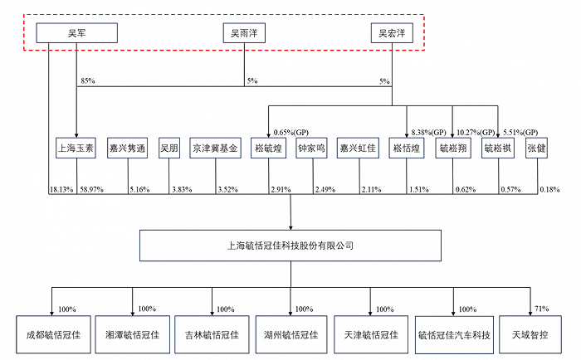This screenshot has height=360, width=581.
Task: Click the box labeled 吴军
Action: (76, 33)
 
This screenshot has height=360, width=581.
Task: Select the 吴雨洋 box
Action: (244, 33)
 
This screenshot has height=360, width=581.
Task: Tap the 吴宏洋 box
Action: (392, 33)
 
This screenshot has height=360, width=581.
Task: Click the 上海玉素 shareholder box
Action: (76, 148)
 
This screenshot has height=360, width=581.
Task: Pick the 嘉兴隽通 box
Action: (128, 148)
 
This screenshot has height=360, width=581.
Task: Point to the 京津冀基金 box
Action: (215, 148)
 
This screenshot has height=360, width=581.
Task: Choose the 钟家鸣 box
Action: (311, 148)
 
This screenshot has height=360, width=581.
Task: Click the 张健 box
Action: (536, 148)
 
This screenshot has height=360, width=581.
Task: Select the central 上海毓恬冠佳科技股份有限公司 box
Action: (290, 246)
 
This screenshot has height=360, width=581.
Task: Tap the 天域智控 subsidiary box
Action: (530, 335)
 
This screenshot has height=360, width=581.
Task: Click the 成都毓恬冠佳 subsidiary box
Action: (53, 335)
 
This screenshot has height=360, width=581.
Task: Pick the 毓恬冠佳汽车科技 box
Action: (454, 335)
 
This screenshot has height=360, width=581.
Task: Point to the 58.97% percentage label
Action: (92, 190)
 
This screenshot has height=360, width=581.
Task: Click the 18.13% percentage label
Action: (61, 190)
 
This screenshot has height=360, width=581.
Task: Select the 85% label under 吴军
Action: (88, 80)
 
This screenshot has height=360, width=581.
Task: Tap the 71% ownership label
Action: (542, 309)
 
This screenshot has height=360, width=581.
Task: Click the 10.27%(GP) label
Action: (476, 132)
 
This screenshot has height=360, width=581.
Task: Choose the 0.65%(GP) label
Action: (290, 132)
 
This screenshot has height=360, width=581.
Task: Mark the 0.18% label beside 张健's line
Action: (549, 190)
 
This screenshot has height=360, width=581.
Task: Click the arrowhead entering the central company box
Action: (290, 227)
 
